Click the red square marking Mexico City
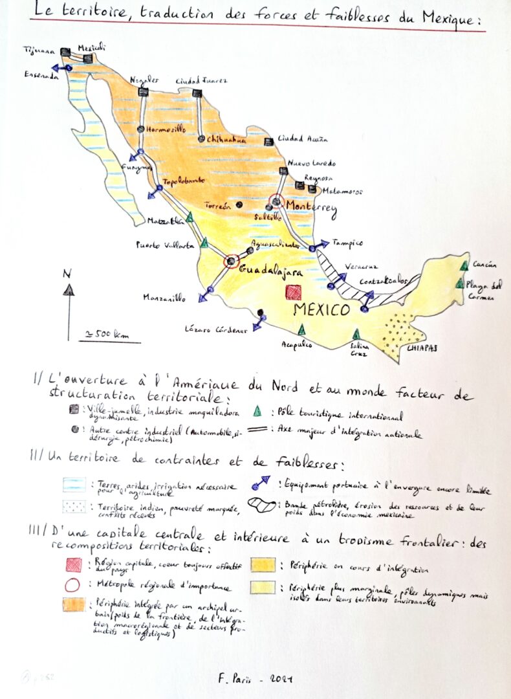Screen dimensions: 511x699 pos(294,293)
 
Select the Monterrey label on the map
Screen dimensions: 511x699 pos(311,206)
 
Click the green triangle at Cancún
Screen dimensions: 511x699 pos(464,266)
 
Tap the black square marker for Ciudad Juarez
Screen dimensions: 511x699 pos(197,94)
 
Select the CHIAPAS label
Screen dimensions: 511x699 pos(422,348)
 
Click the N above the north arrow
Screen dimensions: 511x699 pos(67,273)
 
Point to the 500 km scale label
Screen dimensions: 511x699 pos(103,334)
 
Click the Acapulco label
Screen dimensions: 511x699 pos(297,346)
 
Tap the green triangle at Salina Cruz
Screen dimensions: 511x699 pos(356,334)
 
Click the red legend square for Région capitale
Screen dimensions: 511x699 pos(73,565)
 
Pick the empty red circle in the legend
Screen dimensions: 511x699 pos(73,586)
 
